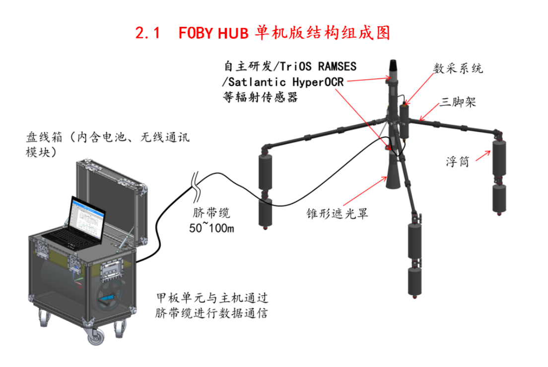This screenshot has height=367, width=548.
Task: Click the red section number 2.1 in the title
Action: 147,33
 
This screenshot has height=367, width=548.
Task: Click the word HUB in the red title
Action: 233,33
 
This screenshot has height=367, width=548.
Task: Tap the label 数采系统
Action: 458,68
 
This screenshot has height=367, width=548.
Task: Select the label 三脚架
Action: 458,102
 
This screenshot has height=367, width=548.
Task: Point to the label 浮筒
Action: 458,161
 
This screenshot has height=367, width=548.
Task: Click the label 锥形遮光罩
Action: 337,213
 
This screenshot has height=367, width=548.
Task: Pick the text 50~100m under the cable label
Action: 211,228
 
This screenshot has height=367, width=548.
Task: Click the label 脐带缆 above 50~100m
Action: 211,213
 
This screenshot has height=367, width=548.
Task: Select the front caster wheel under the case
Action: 95,336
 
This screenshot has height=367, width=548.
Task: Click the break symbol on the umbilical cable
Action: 196,187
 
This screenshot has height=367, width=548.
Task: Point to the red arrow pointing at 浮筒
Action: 483,156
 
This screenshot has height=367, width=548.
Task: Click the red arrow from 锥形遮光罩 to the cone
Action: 365,191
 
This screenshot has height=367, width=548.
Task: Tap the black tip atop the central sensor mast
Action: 393,65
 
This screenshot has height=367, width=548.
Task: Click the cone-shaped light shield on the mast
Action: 393,175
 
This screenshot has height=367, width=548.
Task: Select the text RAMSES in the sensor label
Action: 337,66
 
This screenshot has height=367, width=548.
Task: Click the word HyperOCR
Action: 318,82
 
